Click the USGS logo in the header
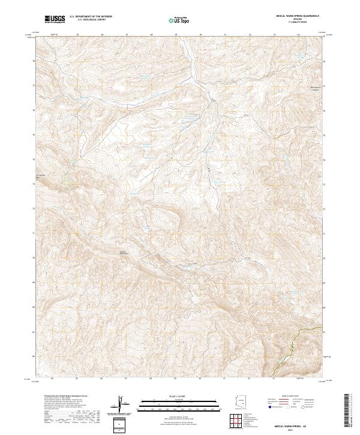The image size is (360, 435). click(55, 20)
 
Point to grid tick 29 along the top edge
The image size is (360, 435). click(175, 35)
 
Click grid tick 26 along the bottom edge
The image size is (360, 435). click(101, 379)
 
